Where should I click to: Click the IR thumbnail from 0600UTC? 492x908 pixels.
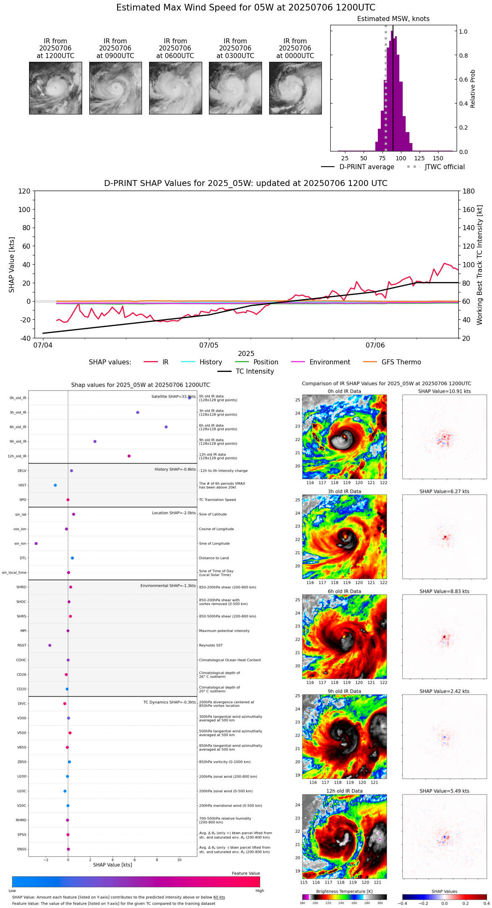click(175, 88)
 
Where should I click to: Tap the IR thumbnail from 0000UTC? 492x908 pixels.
click(295, 88)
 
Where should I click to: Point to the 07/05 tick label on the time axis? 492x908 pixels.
click(209, 345)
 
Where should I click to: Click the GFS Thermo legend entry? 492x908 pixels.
click(401, 362)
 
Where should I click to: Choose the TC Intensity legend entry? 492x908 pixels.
click(255, 372)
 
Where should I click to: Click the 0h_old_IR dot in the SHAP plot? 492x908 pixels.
click(190, 398)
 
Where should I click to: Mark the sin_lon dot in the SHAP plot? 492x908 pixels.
click(36, 544)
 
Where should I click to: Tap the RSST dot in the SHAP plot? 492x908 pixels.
click(50, 645)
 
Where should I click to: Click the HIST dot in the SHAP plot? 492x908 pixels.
click(55, 485)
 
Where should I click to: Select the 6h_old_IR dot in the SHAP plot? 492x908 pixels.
click(166, 427)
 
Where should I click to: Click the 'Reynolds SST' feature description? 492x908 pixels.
click(211, 645)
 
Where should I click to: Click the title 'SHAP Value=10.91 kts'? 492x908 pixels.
click(444, 391)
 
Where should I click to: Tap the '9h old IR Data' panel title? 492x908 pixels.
click(344, 691)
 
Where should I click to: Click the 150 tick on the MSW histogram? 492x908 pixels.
click(438, 159)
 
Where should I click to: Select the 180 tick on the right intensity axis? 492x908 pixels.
click(469, 191)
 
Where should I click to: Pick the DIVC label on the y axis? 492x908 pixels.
click(22, 704)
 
